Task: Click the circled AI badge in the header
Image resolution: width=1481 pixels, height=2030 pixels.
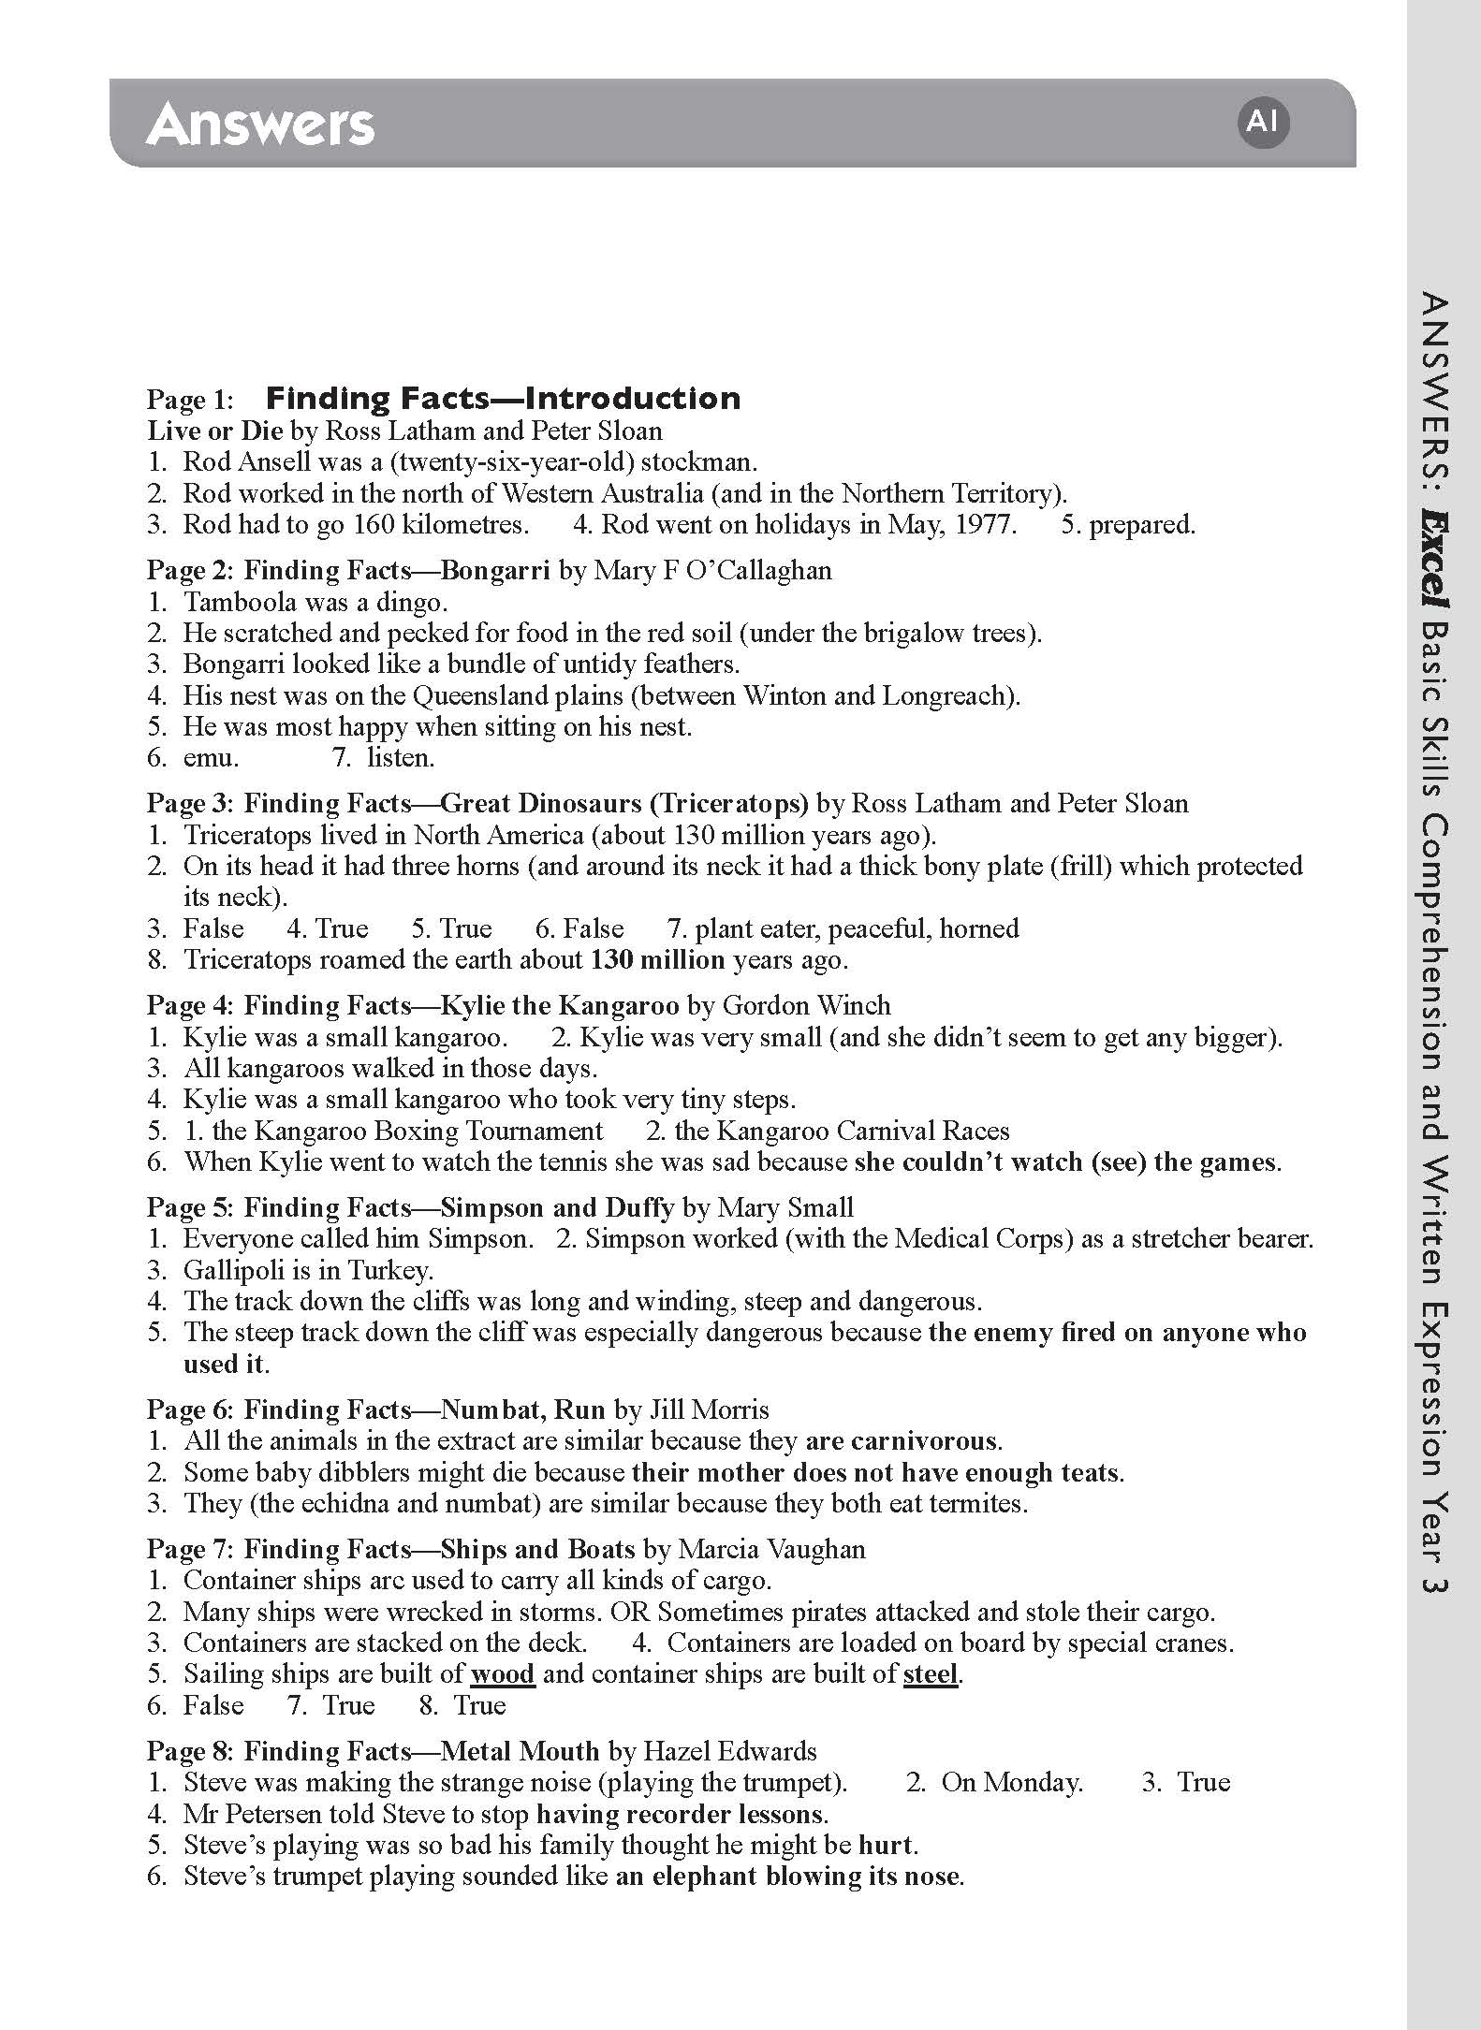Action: pyautogui.click(x=1262, y=122)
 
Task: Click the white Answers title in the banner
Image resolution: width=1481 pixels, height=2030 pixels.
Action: pyautogui.click(x=260, y=124)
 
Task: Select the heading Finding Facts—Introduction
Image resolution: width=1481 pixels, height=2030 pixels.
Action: pyautogui.click(x=503, y=398)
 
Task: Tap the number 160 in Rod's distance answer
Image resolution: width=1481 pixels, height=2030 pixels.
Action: pyautogui.click(x=373, y=524)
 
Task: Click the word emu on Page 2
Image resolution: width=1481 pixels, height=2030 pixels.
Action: pyautogui.click(x=210, y=757)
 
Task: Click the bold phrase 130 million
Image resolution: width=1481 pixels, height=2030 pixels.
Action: pyautogui.click(x=657, y=959)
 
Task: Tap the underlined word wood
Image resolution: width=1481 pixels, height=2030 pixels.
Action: pyautogui.click(x=503, y=1673)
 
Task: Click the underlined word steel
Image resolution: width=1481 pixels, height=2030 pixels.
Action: pyautogui.click(x=931, y=1673)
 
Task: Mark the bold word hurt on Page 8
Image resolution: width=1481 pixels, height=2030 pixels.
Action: pyautogui.click(x=885, y=1845)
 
